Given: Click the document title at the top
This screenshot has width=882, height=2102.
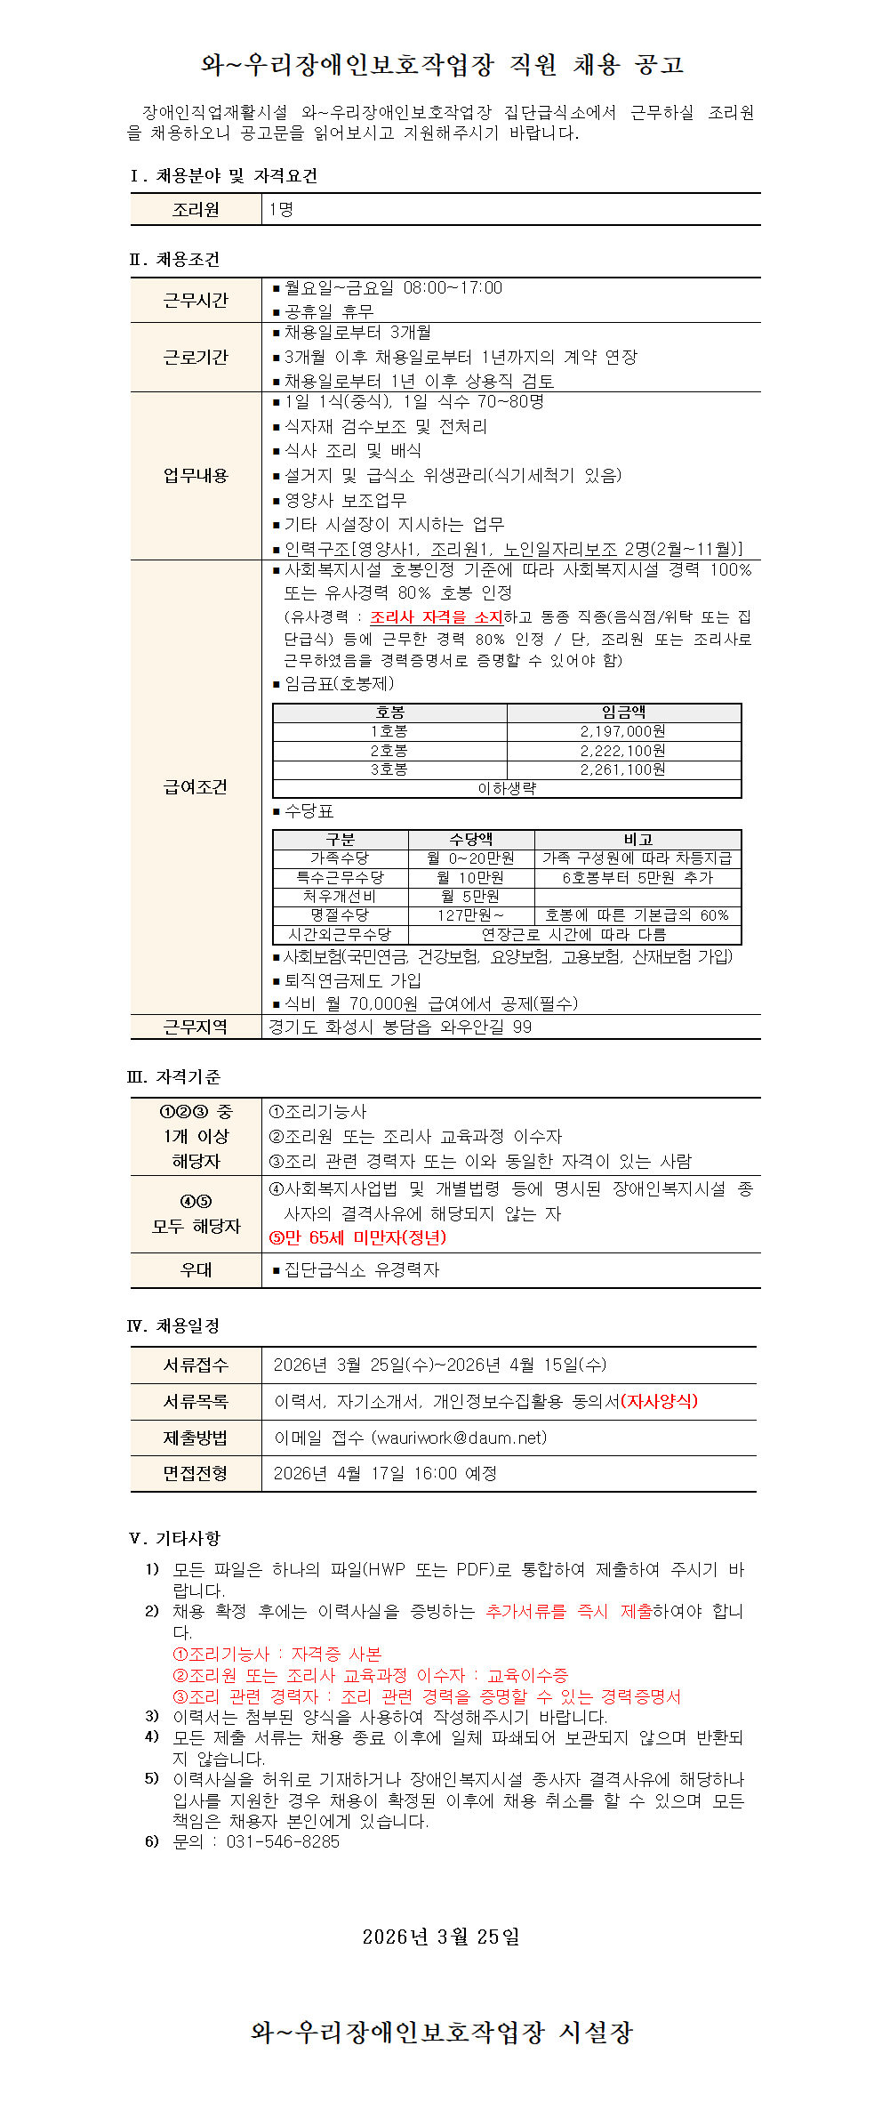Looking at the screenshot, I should click(441, 65).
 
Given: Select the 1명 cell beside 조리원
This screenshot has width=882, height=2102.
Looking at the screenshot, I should click(281, 210).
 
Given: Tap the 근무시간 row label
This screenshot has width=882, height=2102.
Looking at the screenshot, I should click(196, 301).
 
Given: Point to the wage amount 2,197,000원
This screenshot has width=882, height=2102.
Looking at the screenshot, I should click(622, 731).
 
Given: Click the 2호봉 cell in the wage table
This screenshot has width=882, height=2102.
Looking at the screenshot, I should click(389, 751).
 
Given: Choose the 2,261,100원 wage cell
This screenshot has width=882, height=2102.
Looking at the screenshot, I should click(622, 769).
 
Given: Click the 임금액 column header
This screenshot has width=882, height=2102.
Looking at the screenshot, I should click(623, 713).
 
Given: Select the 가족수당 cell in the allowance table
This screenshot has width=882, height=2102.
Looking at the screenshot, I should click(340, 858).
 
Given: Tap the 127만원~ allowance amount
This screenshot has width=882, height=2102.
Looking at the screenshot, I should click(470, 915).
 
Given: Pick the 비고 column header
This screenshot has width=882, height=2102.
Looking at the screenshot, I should click(637, 840).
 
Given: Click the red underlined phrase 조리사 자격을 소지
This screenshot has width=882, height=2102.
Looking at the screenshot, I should click(437, 617).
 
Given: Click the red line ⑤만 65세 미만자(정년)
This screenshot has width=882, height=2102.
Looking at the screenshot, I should click(357, 1238).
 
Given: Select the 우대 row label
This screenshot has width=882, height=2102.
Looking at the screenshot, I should click(196, 1270).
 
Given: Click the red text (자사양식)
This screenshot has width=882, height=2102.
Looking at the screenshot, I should click(659, 1402).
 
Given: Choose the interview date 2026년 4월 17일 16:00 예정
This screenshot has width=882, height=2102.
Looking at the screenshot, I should click(385, 1474).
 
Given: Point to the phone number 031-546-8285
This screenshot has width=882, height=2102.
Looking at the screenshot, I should click(283, 1842).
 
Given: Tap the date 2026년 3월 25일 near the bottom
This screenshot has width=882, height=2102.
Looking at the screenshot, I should click(441, 1937).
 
